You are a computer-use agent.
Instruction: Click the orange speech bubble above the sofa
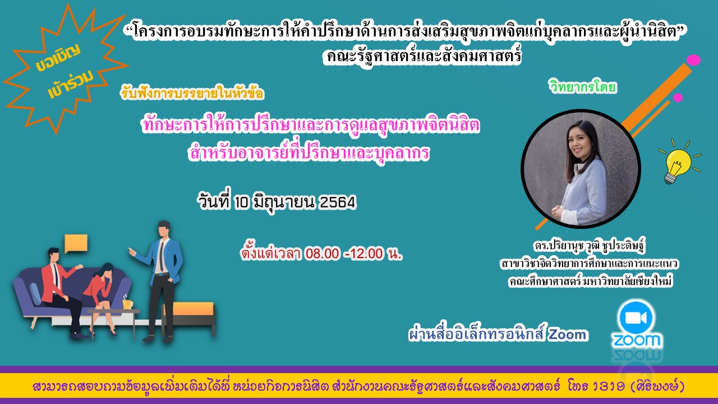coord(76,243)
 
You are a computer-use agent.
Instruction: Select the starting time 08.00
coord(323,254)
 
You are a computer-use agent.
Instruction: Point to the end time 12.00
coord(367,254)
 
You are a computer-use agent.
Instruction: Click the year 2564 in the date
coord(337,203)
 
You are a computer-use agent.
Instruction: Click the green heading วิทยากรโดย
coord(583,88)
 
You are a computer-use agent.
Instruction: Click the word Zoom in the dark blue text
coord(568,335)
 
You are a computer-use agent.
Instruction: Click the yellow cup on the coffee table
coord(127,304)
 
